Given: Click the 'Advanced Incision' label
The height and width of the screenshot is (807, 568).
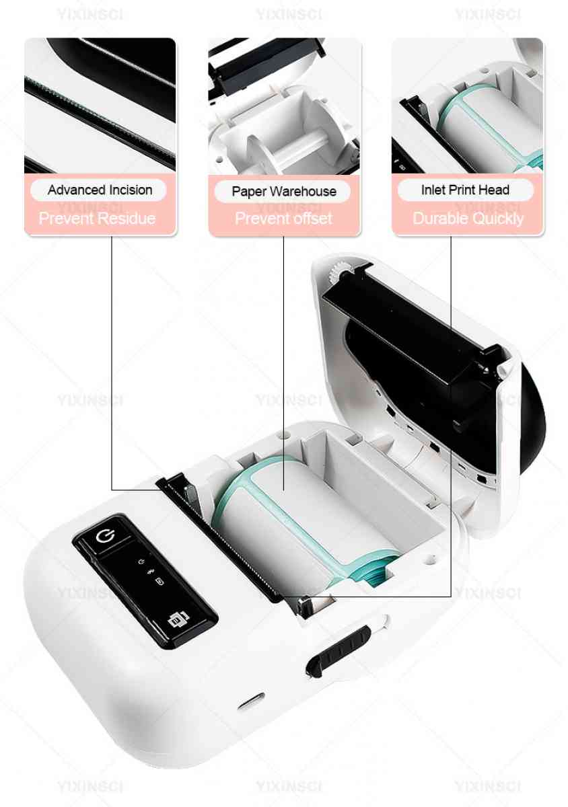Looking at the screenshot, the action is pos(100,190).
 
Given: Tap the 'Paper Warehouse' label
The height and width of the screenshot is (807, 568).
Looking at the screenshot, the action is pos(284,191).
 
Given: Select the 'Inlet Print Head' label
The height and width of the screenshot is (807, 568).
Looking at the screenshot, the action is pos(465,190).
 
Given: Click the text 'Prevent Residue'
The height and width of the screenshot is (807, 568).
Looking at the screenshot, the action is pos(97,219).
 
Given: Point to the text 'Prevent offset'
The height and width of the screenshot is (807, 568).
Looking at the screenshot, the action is pos(283,219).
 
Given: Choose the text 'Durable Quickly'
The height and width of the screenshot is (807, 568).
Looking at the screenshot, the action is pos(468,219).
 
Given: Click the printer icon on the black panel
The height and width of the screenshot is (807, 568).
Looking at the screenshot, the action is pos(178,619).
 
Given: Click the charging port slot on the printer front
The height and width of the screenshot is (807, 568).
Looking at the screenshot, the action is pos(251,701).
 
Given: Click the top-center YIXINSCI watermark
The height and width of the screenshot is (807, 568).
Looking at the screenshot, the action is pos(289,14).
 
